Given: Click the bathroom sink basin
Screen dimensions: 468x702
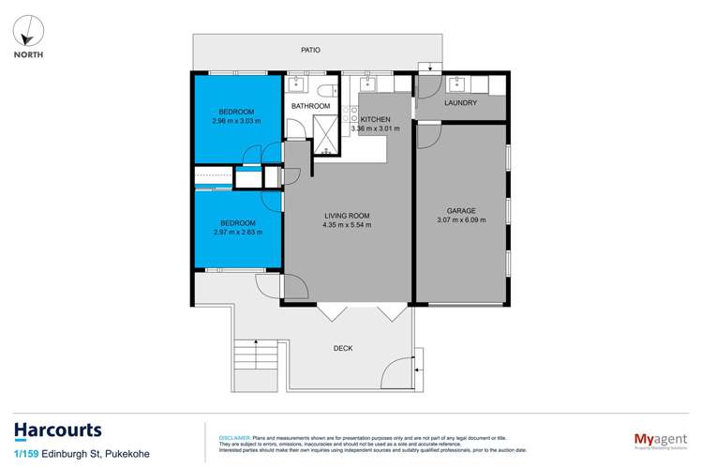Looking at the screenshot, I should (295, 84).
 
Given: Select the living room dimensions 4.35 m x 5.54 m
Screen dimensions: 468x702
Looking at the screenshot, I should (346, 225).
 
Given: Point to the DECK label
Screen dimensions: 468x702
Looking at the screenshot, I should (343, 348).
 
